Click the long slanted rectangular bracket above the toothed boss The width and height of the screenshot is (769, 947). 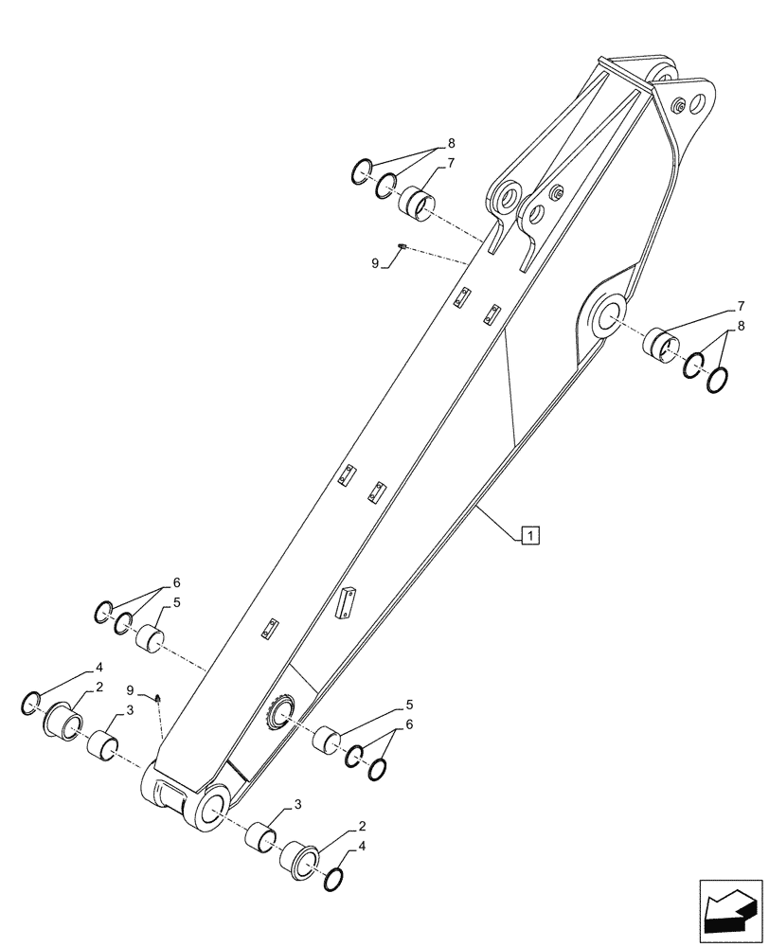coord(345,602)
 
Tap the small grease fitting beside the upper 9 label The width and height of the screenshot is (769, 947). coord(402,247)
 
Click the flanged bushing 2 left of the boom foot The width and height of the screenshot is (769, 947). coord(64,722)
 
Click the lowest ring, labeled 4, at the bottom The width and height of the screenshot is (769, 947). coord(333,881)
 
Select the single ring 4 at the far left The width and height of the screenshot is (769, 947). coord(30,703)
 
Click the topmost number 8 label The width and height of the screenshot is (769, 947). coord(451,143)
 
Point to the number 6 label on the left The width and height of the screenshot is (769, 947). coord(176,582)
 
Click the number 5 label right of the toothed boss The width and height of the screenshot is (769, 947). coord(408,704)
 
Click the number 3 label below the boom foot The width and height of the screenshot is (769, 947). coord(297,805)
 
